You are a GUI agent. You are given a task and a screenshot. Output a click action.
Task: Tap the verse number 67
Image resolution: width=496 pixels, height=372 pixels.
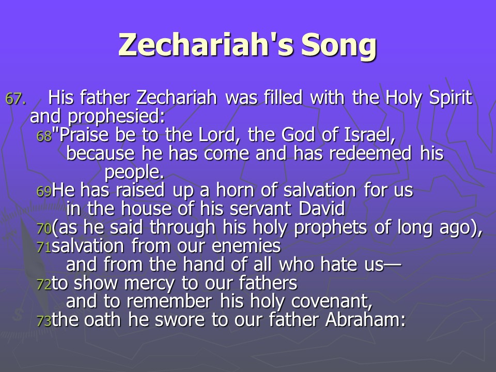click(16, 99)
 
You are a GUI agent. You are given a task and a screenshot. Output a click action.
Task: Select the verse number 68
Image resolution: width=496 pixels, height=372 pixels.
click(44, 136)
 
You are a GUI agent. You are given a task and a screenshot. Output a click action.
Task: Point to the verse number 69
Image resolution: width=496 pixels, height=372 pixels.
click(44, 191)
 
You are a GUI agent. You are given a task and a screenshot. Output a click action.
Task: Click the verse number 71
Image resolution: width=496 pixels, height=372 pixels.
click(44, 247)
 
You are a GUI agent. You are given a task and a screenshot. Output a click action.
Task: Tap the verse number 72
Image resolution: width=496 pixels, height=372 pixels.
click(44, 284)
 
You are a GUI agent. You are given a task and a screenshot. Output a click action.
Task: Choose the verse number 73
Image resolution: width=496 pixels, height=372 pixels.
click(44, 321)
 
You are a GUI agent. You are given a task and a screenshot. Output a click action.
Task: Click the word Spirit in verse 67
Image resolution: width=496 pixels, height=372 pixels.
click(451, 99)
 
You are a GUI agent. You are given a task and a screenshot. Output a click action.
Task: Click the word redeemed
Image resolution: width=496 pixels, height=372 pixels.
click(370, 153)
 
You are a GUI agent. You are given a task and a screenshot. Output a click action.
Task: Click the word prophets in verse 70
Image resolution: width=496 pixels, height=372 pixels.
click(331, 228)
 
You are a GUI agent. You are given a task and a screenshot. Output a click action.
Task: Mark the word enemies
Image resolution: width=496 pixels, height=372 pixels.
click(246, 246)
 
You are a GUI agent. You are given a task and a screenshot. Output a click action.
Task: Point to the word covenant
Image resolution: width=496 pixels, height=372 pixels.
click(332, 301)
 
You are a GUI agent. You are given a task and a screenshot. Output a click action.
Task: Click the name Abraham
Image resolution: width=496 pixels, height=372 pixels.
click(366, 320)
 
